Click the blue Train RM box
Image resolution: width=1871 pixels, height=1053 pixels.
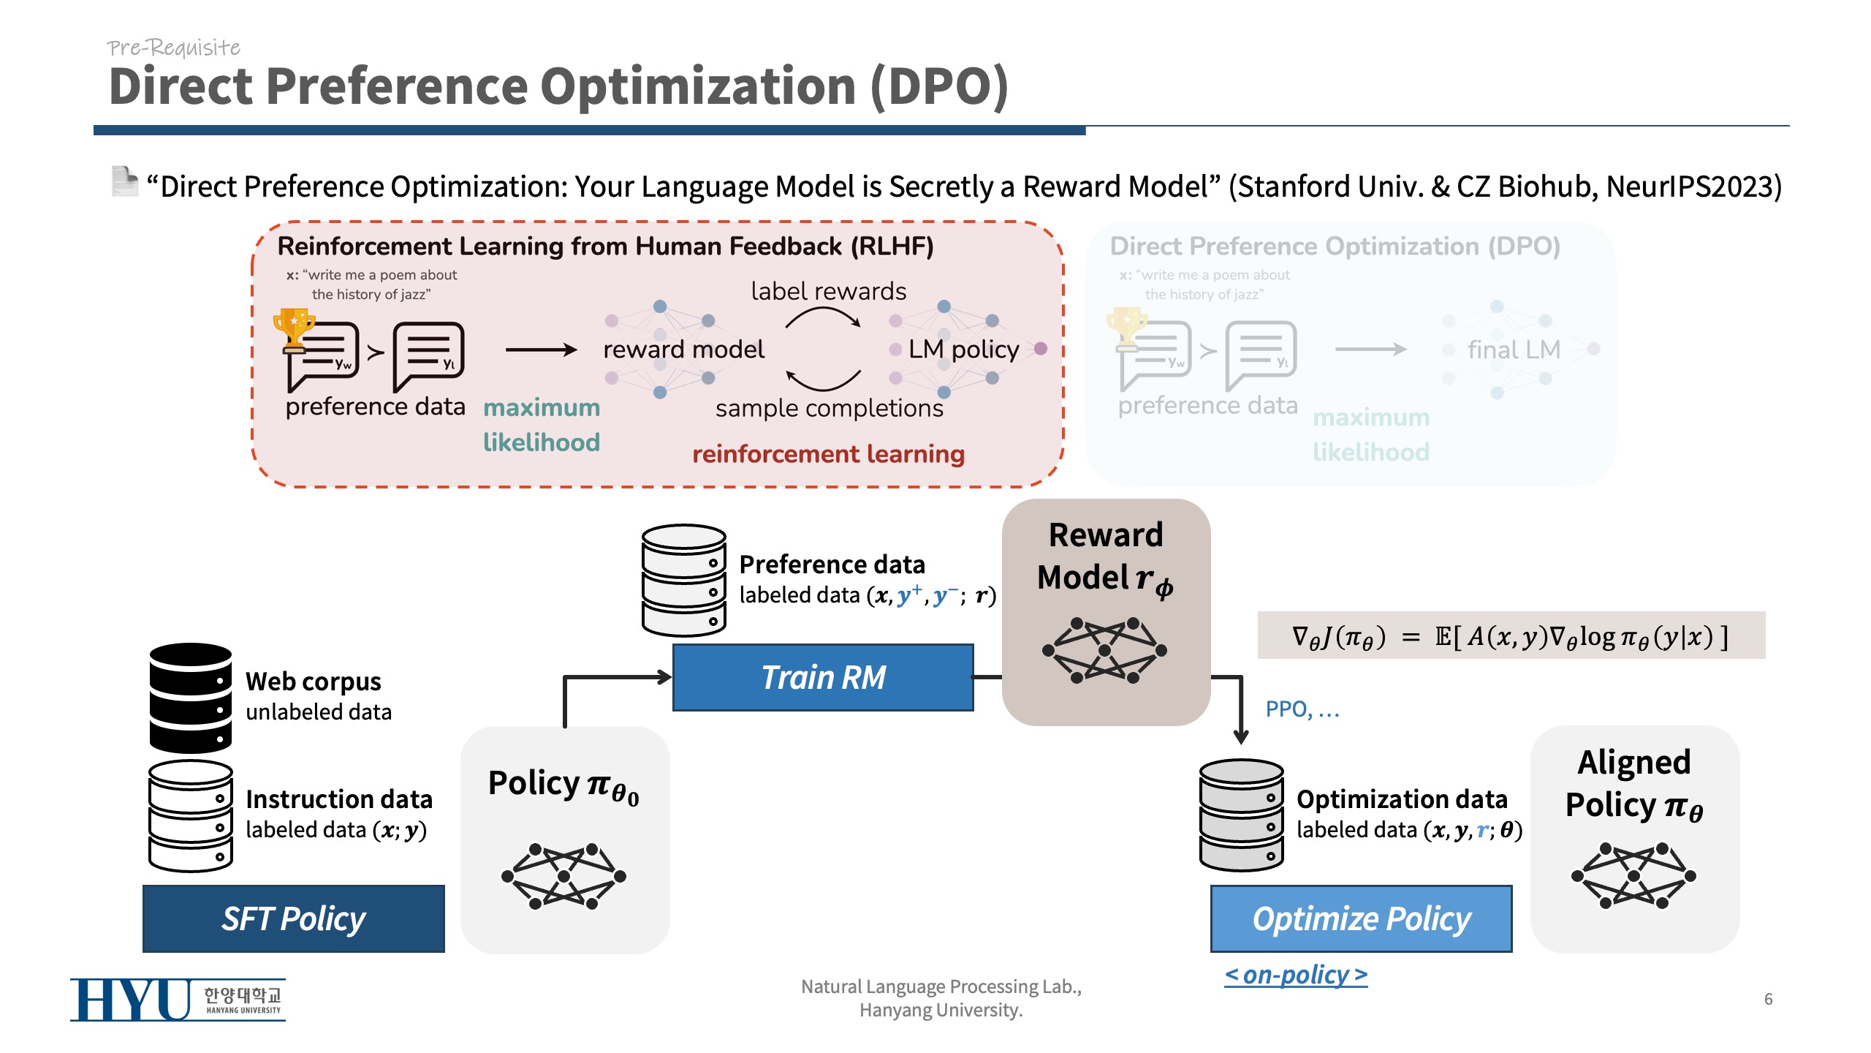(x=823, y=677)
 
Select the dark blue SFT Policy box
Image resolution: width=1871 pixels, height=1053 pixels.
(x=293, y=918)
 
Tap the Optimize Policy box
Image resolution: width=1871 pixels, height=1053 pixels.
(x=1361, y=918)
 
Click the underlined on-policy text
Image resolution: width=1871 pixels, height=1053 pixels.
(x=1296, y=975)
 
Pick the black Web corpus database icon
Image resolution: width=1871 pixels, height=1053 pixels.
(x=191, y=698)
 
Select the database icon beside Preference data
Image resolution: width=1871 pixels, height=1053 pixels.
(x=683, y=579)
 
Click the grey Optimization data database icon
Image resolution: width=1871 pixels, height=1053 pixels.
(x=1241, y=815)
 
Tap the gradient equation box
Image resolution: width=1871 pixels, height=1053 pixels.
(x=1511, y=635)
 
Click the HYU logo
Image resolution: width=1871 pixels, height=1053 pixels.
(x=178, y=1000)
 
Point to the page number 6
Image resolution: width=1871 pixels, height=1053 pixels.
(x=1768, y=999)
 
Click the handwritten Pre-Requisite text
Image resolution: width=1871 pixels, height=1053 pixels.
(x=173, y=48)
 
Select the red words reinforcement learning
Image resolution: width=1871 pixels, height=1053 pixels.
(x=828, y=454)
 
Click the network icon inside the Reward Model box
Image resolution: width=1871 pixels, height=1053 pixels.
(x=1104, y=650)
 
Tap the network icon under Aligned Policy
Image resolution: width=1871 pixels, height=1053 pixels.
(x=1633, y=875)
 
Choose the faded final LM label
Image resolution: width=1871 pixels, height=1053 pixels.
(x=1514, y=350)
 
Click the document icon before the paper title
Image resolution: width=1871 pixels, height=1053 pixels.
(x=124, y=181)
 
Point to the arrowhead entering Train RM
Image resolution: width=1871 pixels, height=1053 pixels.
(x=664, y=677)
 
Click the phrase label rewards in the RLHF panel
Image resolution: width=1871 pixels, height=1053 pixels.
(x=828, y=291)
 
